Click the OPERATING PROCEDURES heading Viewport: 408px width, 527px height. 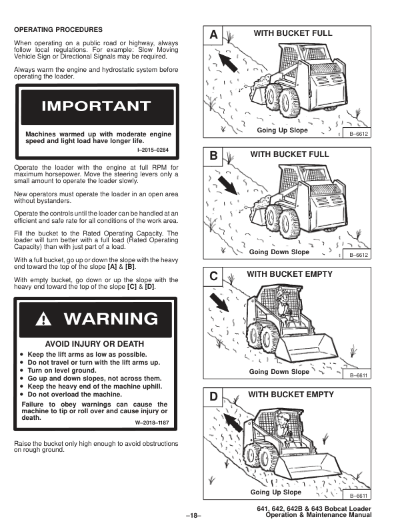pyautogui.click(x=58, y=29)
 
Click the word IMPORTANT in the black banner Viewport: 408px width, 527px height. pyautogui.click(x=96, y=106)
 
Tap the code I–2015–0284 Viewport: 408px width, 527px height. pyautogui.click(x=153, y=150)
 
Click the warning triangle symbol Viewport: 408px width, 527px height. pyautogui.click(x=43, y=319)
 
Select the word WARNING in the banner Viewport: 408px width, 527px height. pyautogui.click(x=111, y=319)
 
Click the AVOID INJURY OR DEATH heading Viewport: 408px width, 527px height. pyautogui.click(x=95, y=344)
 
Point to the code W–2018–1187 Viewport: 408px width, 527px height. pyautogui.click(x=152, y=423)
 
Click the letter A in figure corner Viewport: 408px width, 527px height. pyautogui.click(x=213, y=35)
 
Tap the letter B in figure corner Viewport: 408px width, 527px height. pyautogui.click(x=213, y=156)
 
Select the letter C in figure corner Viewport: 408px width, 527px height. pyautogui.click(x=213, y=276)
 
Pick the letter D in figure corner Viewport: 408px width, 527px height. pyautogui.click(x=213, y=397)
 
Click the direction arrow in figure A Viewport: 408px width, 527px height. pyautogui.click(x=228, y=62)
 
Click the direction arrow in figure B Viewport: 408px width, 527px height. pyautogui.click(x=227, y=186)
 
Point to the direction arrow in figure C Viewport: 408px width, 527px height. pyautogui.click(x=219, y=302)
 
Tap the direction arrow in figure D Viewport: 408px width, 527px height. pyautogui.click(x=233, y=423)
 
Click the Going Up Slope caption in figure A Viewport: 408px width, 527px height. pyautogui.click(x=282, y=130)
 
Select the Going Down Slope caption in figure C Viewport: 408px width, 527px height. pyautogui.click(x=279, y=371)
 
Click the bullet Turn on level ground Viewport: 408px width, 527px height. pyautogui.click(x=61, y=371)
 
